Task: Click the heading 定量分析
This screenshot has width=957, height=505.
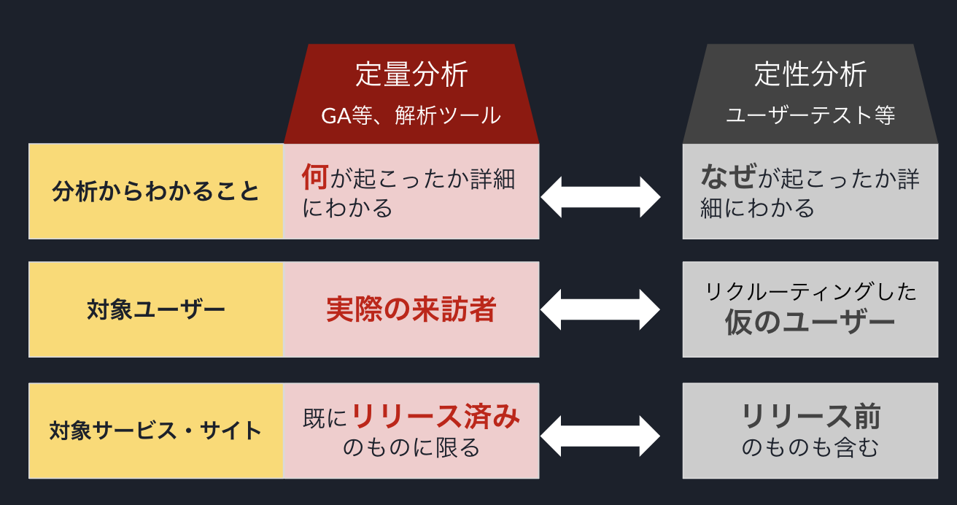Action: pos(411,75)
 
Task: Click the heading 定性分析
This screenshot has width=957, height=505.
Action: pos(810,75)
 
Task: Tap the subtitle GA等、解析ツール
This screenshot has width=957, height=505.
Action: pos(411,115)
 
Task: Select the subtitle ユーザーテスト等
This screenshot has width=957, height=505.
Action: pos(810,115)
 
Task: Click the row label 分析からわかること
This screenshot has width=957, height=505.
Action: pos(156,192)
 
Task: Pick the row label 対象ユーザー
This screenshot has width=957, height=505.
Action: pos(156,310)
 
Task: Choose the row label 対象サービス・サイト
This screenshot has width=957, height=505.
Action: pos(156,431)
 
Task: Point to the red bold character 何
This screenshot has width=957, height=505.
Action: pos(315,177)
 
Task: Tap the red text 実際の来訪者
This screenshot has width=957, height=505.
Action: pos(411,310)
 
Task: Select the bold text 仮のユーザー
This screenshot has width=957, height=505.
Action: pos(810,323)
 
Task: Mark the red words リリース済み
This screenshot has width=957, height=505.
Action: pos(436,417)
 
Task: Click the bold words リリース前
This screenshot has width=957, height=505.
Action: pos(810,417)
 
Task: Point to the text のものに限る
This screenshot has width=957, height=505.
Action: pos(411,447)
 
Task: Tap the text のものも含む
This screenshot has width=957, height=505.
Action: pos(810,447)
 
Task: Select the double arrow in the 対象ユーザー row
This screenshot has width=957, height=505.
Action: pos(600,309)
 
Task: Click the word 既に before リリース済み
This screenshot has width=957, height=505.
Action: pos(325,419)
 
